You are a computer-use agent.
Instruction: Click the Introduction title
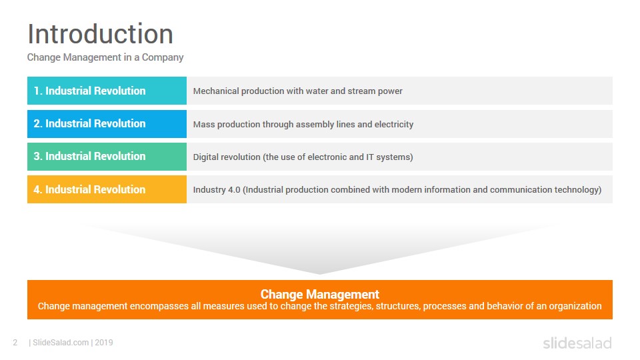click(101, 34)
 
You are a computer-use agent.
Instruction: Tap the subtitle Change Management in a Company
click(105, 57)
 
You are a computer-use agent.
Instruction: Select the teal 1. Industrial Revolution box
click(107, 91)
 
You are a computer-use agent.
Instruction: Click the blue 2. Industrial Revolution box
click(107, 124)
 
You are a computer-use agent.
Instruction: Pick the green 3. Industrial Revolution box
click(107, 156)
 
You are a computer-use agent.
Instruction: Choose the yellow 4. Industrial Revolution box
click(107, 189)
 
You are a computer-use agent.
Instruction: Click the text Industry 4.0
click(217, 190)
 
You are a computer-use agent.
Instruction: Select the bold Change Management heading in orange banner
click(320, 294)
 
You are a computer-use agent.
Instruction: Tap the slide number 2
click(15, 343)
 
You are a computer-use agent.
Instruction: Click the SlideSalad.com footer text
click(61, 343)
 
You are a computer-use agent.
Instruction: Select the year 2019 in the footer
click(104, 343)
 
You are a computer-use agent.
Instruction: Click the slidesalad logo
click(577, 343)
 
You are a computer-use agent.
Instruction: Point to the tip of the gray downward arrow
click(320, 274)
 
